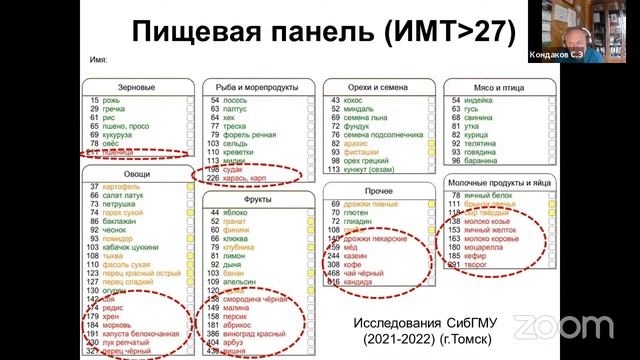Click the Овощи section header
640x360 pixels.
[138, 174]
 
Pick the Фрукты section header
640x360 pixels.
[252, 199]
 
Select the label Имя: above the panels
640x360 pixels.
[98, 61]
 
